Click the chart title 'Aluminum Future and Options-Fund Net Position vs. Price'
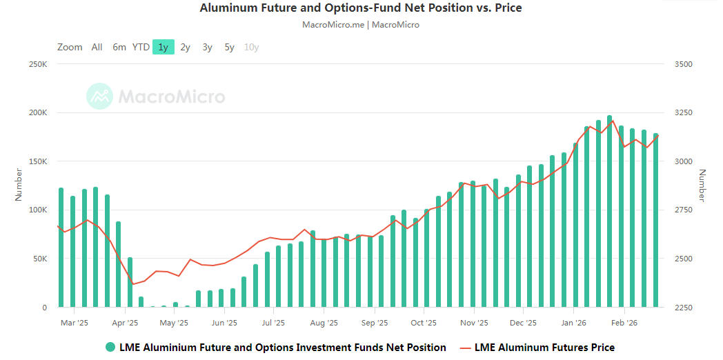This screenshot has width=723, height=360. [360, 8]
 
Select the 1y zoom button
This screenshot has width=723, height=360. [163, 47]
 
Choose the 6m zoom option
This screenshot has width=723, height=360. [119, 47]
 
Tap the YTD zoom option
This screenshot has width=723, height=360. [141, 47]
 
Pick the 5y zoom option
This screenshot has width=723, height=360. [229, 47]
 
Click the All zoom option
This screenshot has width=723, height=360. [97, 47]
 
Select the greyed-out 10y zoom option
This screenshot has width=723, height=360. [251, 47]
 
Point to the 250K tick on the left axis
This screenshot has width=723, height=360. [37, 64]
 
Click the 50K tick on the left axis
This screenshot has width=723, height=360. [39, 259]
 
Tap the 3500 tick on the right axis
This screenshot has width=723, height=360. [682, 64]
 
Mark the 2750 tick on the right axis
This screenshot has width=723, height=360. [682, 210]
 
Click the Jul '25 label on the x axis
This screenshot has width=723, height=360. [274, 322]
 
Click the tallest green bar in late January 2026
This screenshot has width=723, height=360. [609, 214]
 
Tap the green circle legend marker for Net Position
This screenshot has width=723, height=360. [110, 347]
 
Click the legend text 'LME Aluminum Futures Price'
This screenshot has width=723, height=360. [544, 347]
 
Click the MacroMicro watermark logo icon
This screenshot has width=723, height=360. [99, 96]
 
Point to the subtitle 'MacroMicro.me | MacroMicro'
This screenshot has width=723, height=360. [360, 25]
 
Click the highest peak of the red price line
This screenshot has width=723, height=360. [612, 121]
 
